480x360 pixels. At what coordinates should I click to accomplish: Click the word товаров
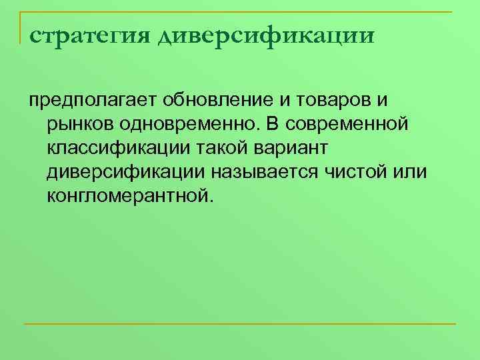(x=327, y=100)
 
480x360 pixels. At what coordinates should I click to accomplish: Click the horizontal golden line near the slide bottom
(x=239, y=325)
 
